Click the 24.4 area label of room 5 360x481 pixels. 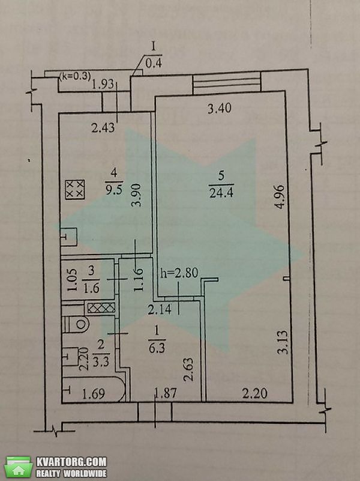221,193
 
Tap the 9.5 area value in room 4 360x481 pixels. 114,190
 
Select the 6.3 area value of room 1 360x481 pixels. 157,348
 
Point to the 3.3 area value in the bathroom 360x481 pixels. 101,362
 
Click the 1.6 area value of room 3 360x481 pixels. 91,288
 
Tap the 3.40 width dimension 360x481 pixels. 220,108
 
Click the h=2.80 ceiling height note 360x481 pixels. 179,273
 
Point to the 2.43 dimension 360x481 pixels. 103,127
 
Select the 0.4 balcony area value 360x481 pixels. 154,63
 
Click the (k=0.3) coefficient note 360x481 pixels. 75,76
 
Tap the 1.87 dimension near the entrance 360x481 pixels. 165,393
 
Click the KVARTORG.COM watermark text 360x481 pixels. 71,462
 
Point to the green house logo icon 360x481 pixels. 19,467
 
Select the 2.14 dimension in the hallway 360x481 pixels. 160,309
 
